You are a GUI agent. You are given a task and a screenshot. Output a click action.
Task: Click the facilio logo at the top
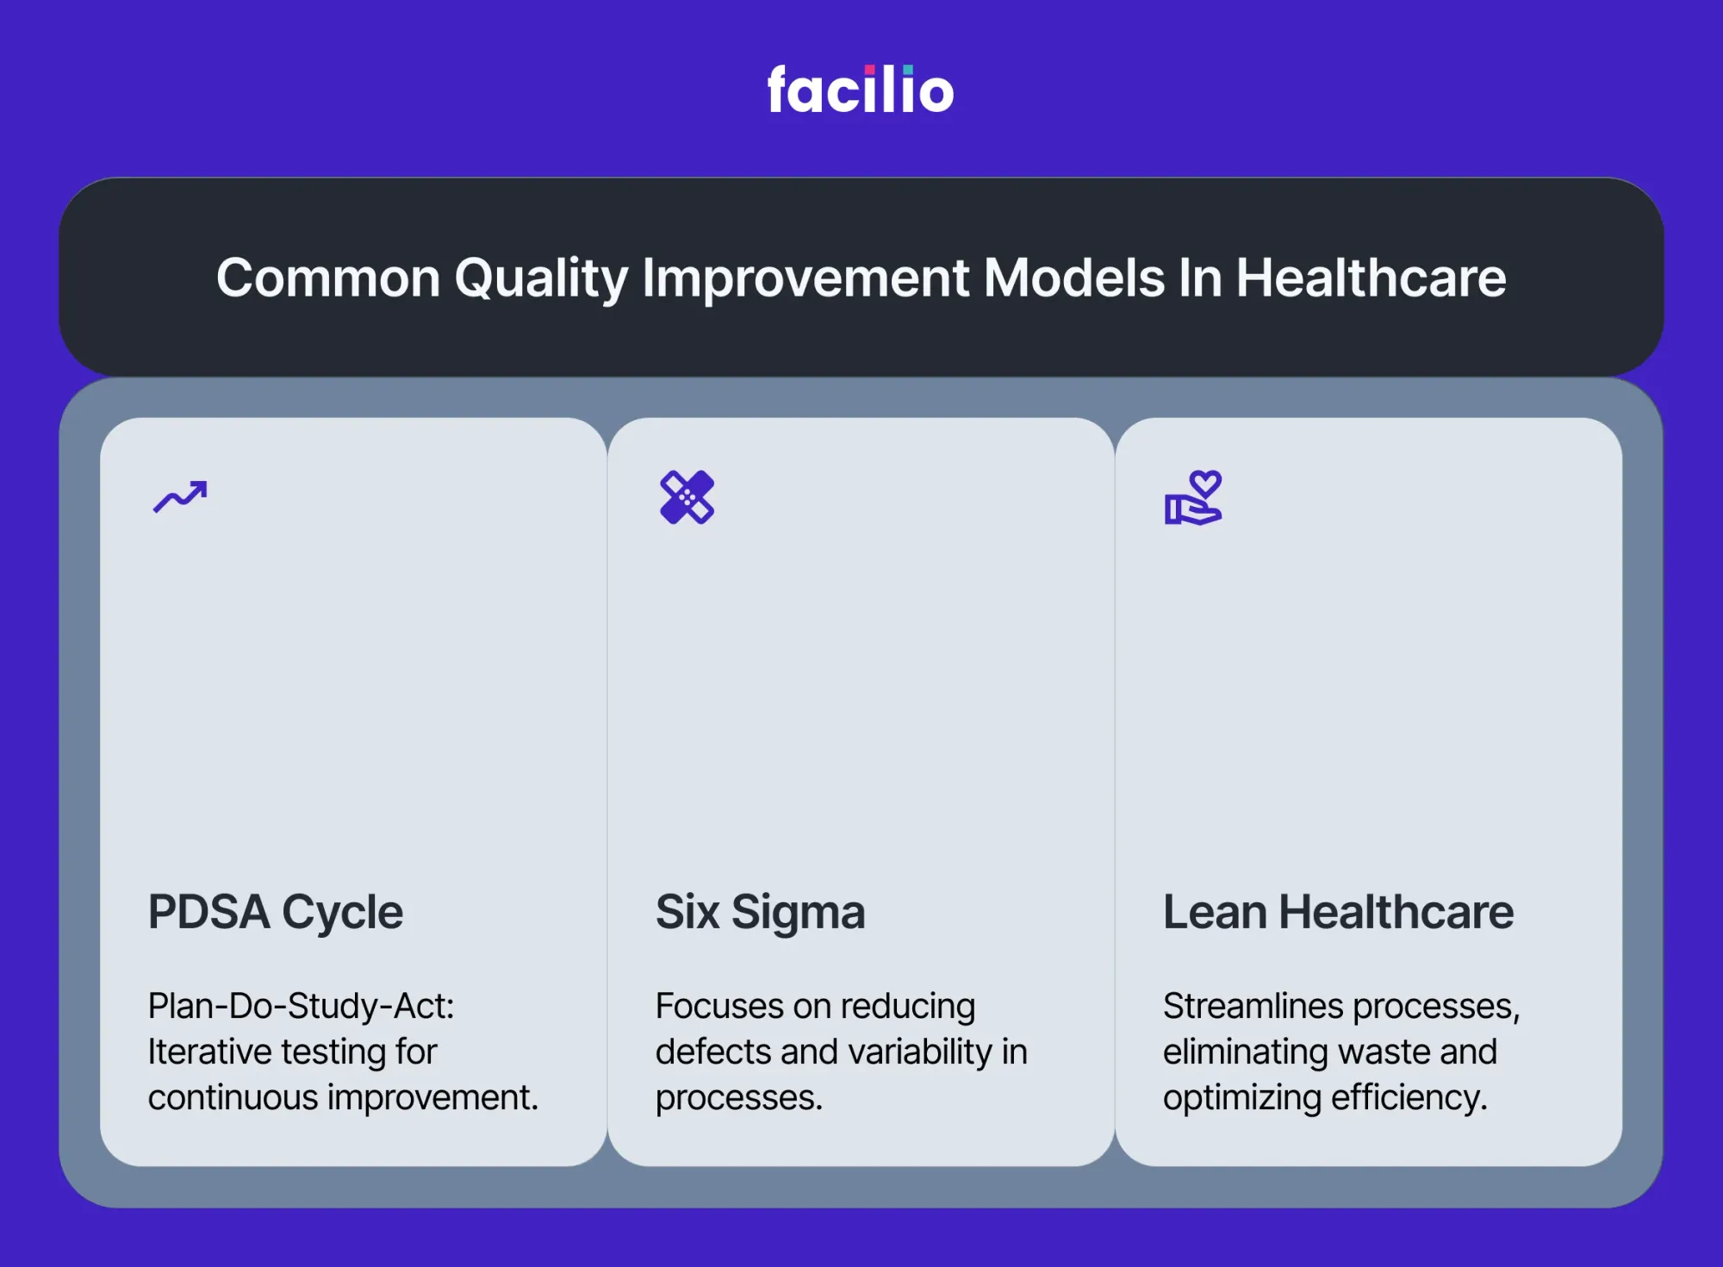click(x=861, y=89)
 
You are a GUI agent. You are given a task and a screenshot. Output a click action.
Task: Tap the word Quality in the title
click(x=541, y=279)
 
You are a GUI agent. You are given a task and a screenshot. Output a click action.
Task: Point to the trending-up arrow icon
click(x=180, y=496)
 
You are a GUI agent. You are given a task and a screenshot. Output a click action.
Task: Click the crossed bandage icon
click(x=687, y=497)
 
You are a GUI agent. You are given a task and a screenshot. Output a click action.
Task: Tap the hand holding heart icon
click(x=1193, y=497)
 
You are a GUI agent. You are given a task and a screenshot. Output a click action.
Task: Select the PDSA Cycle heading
click(x=276, y=913)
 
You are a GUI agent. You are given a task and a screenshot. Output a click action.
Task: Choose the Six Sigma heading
click(x=760, y=913)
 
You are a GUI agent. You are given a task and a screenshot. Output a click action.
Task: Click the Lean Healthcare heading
click(x=1338, y=912)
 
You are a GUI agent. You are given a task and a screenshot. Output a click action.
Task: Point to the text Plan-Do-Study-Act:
click(x=302, y=1006)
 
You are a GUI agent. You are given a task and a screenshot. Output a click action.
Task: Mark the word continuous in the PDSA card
click(x=233, y=1097)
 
